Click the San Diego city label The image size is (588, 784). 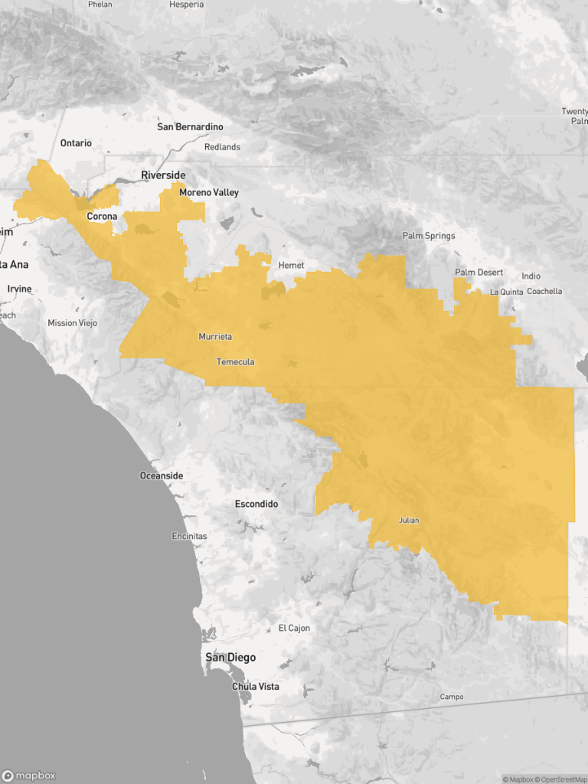(x=230, y=658)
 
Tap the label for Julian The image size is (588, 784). (x=409, y=521)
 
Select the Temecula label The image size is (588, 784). (x=236, y=361)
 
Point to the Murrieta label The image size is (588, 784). (x=215, y=337)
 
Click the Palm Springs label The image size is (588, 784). (x=429, y=236)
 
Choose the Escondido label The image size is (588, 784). (x=256, y=505)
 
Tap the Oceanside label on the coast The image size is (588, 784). (x=162, y=476)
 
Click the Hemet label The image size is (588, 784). (x=291, y=266)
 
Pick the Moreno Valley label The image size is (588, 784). (x=209, y=193)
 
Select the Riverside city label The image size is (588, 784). (x=163, y=175)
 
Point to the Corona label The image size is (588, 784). (x=102, y=217)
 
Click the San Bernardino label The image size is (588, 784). (x=190, y=126)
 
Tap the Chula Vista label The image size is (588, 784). (x=256, y=687)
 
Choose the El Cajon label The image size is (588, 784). (x=294, y=629)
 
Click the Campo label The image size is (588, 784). (x=452, y=697)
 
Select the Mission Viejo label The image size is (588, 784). (x=73, y=323)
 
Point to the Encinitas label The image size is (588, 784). (x=189, y=537)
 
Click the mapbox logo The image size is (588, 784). (x=29, y=776)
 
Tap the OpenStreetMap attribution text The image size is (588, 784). (x=562, y=779)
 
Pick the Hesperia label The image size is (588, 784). (x=188, y=5)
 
